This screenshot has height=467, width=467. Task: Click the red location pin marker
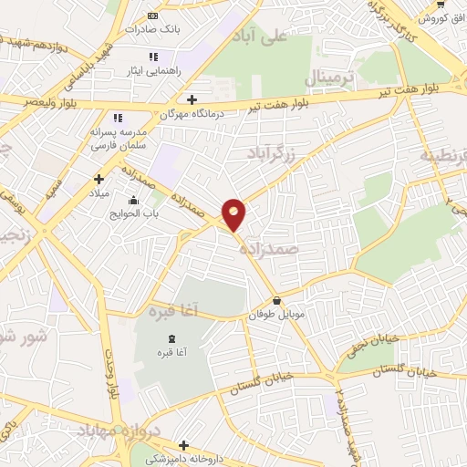point(234,214)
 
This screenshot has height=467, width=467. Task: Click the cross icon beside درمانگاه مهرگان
point(191,99)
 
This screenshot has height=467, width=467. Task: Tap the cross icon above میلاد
point(99,179)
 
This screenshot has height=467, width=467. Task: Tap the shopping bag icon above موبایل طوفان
point(276,301)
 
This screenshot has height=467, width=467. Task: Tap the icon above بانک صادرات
point(151,16)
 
